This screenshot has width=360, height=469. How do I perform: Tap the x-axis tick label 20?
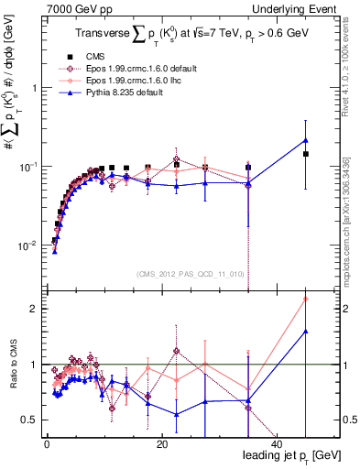click(161, 442)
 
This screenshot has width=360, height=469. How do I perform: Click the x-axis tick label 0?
click(47, 442)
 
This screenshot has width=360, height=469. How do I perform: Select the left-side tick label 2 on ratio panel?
click(34, 309)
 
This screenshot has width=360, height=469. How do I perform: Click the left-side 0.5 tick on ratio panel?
click(30, 420)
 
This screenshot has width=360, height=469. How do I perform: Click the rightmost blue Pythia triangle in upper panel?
click(306, 140)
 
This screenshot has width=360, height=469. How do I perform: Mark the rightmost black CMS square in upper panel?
click(306, 154)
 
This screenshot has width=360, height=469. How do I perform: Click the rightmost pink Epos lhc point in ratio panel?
click(306, 299)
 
